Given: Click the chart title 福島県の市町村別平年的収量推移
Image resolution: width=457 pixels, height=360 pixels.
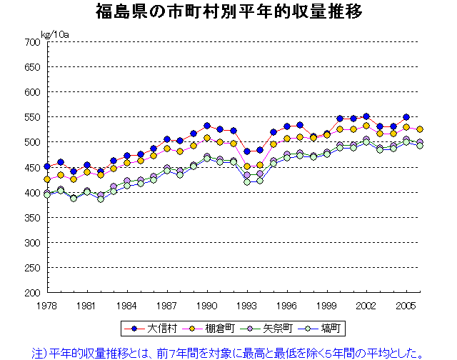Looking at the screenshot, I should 228,12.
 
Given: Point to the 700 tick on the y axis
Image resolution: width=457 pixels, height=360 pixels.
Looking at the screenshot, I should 30,42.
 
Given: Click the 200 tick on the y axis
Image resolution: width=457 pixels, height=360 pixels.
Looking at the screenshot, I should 30,293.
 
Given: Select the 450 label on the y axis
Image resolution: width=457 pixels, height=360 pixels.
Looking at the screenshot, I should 30,167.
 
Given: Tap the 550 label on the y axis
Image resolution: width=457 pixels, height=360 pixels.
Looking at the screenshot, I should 30,117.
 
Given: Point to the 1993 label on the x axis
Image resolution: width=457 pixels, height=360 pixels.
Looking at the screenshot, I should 247,305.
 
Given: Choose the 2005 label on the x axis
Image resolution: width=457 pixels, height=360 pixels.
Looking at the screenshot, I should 406,305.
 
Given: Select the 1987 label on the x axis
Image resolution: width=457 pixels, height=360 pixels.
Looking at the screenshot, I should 167,305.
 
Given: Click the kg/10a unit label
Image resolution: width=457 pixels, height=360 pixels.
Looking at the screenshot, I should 55,34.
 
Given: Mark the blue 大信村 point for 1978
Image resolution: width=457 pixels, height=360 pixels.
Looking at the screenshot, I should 47,166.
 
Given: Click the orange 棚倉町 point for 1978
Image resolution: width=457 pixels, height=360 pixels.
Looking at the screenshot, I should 47,179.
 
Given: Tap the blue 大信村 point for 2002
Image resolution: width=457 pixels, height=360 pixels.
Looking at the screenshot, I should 366,116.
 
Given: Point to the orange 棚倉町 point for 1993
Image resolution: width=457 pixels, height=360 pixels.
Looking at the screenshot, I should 247,166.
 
